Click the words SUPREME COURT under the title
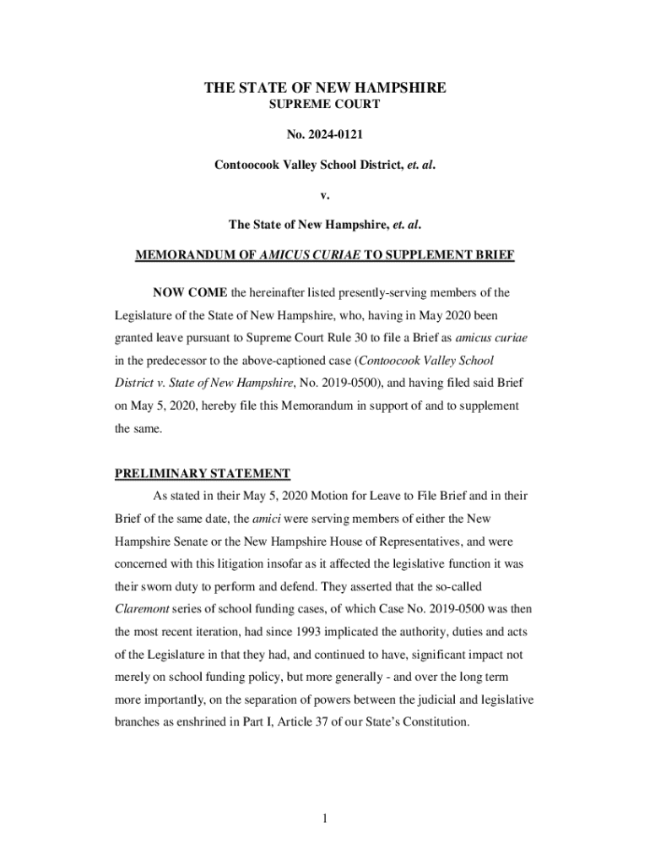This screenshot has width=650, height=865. point(324,105)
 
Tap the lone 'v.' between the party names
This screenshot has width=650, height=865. point(325,195)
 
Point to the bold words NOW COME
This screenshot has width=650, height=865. point(191,293)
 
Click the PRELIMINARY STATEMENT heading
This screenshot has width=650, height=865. point(203,473)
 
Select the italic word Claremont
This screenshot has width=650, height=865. point(143,608)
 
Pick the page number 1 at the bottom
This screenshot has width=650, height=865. point(325,819)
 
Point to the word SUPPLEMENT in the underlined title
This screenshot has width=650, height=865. point(404,255)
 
